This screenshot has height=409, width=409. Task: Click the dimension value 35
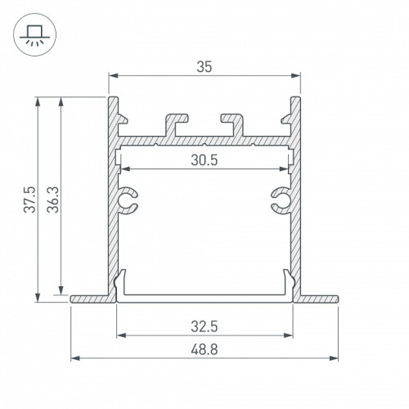pos(204,67)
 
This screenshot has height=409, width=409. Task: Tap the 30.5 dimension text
pos(204,160)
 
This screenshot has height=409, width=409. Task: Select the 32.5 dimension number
pos(204,326)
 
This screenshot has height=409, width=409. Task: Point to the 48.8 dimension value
pos(204,349)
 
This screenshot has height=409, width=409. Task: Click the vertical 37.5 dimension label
pos(29,200)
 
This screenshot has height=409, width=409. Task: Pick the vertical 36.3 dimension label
pos(53,200)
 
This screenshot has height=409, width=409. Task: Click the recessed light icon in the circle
pos(34,35)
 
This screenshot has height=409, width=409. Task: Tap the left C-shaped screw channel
pos(128,200)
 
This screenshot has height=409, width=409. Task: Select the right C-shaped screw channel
pos(281,200)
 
